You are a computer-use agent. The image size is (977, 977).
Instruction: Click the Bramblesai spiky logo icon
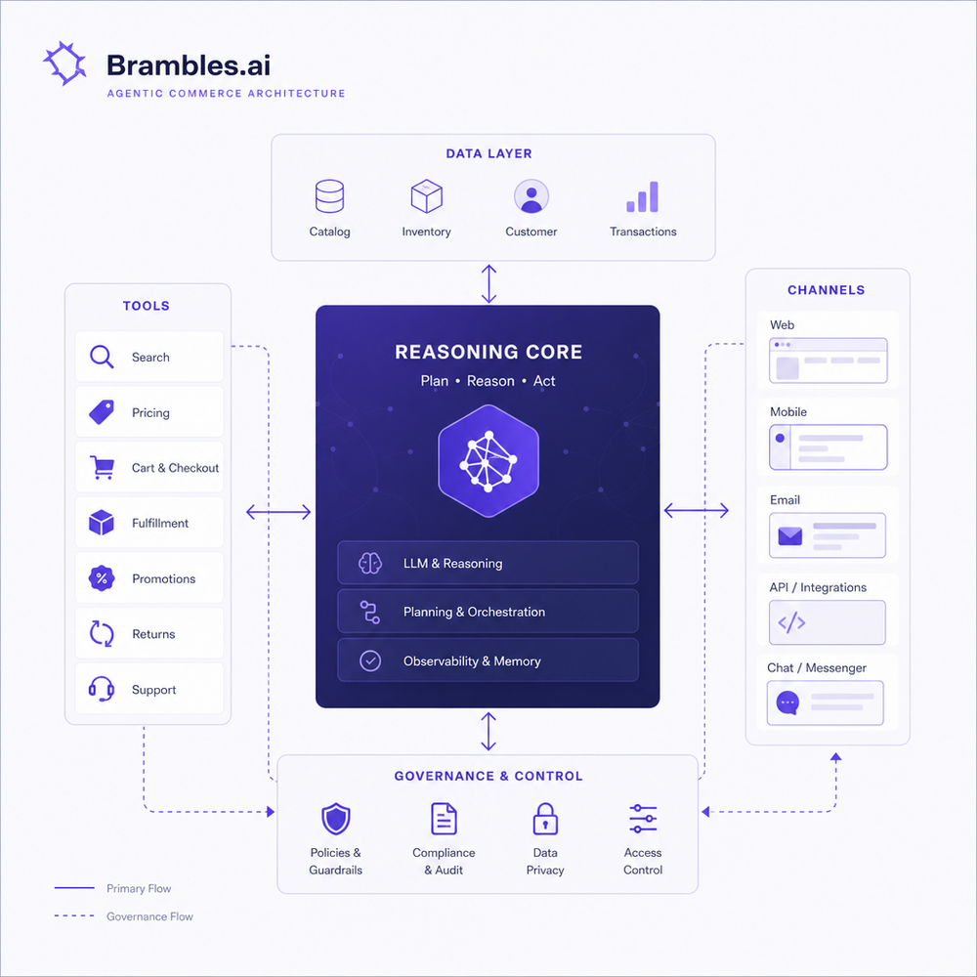(64, 63)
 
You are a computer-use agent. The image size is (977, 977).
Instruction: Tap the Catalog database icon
(329, 196)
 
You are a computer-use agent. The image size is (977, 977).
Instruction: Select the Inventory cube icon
(426, 196)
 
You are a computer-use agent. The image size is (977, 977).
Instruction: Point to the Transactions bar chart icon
(643, 197)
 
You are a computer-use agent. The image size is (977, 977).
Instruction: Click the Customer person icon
(531, 196)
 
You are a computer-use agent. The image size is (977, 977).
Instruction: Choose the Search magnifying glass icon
(102, 357)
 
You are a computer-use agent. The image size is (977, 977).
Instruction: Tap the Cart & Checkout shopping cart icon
(102, 467)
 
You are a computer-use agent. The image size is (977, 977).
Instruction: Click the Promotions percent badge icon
(102, 578)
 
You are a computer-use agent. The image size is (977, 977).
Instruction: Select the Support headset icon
(101, 689)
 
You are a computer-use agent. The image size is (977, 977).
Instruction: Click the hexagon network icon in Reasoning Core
(488, 461)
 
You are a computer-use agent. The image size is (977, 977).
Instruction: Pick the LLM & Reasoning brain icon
(370, 563)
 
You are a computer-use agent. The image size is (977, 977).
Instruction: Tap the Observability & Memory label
(472, 661)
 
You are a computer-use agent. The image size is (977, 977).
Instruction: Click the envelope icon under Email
(790, 535)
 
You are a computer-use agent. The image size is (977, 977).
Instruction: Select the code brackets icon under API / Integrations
(791, 622)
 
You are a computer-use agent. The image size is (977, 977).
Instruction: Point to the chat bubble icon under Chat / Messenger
(787, 703)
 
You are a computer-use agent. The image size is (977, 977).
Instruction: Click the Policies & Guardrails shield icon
(336, 819)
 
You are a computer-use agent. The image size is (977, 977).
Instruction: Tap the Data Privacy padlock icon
(545, 819)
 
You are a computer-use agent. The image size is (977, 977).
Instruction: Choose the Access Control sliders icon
(643, 819)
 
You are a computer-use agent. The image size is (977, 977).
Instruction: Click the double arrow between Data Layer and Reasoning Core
(489, 283)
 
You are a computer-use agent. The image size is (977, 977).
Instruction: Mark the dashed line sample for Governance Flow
(74, 916)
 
